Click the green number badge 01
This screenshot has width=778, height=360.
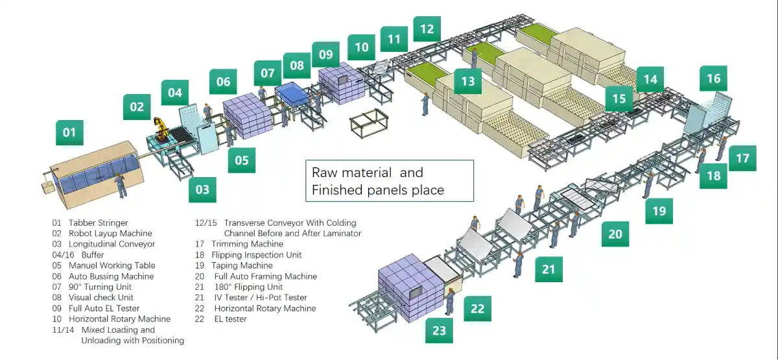coord(69,134)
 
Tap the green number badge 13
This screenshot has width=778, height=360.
coord(468,82)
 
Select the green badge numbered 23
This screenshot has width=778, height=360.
coord(439,330)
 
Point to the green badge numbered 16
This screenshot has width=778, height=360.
coord(713,78)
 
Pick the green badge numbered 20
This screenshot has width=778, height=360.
coord(615,234)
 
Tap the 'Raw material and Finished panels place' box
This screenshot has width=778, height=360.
coord(390,181)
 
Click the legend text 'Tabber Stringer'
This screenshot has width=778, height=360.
coord(98,222)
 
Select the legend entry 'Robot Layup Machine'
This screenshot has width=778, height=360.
coord(110,234)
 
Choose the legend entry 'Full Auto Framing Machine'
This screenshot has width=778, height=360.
coord(266,276)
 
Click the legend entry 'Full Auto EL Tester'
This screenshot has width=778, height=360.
coord(104,308)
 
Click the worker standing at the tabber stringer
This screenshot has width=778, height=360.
coord(120,186)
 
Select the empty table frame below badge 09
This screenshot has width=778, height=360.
coord(368,123)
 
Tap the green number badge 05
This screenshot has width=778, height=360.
coord(241,160)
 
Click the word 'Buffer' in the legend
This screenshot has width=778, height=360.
coord(93,255)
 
